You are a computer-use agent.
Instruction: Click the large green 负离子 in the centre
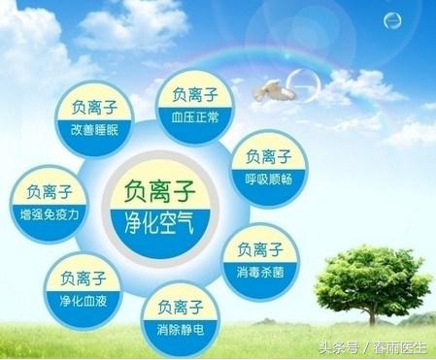pyautogui.click(x=160, y=191)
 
